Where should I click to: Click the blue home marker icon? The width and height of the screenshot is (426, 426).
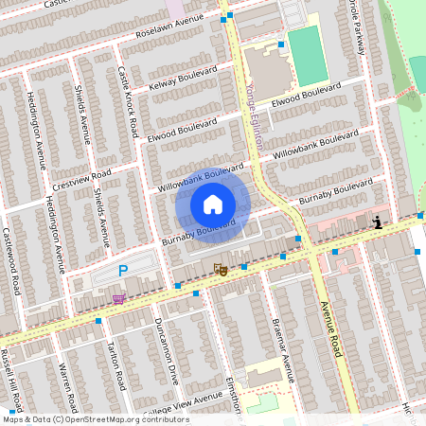coord(213,204)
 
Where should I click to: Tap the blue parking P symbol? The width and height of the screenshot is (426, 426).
coord(123,272)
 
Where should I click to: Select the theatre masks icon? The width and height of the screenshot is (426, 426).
coord(221,270)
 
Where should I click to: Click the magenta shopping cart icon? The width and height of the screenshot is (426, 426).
coord(118,299)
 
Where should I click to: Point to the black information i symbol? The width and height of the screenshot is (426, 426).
coord(378,222)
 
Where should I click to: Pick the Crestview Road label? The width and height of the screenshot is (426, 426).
coord(81,179)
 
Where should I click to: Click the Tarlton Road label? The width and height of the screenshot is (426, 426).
coord(117,366)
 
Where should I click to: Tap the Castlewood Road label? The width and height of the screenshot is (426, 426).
coord(13,260)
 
